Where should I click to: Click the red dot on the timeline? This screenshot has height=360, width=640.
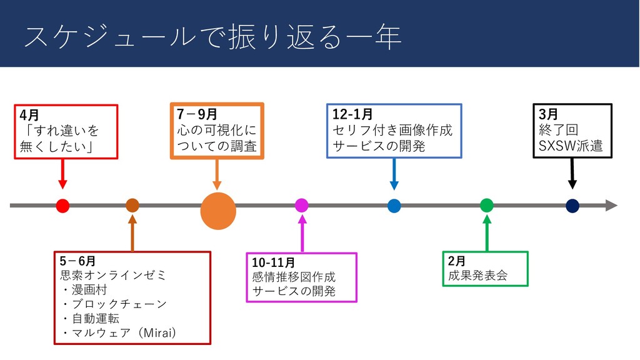(x=62, y=205)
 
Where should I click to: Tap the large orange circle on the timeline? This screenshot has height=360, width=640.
(x=217, y=210)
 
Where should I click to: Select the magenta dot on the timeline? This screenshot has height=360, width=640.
(x=301, y=205)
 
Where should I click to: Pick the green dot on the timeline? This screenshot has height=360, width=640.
(x=487, y=205)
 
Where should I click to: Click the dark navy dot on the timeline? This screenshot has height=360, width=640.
(x=572, y=206)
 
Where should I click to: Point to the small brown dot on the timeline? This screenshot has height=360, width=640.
(x=132, y=205)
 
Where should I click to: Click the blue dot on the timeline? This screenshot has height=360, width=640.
(x=394, y=206)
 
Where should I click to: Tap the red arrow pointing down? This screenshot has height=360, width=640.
(x=62, y=174)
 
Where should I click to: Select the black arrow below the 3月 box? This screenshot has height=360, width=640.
(x=572, y=173)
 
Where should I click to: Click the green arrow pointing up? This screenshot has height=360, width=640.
(x=487, y=232)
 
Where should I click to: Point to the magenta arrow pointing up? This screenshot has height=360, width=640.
(x=302, y=233)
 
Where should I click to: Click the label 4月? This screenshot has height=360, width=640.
(x=29, y=116)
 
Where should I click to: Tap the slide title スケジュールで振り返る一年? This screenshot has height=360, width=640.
(x=212, y=37)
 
